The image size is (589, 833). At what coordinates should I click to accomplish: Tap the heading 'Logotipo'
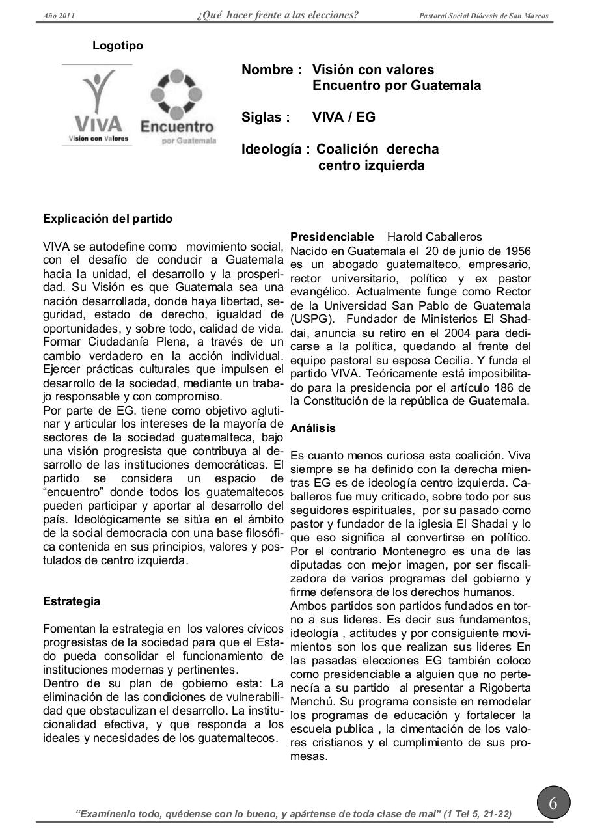click(x=118, y=46)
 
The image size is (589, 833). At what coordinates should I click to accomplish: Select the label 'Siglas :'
click(x=266, y=117)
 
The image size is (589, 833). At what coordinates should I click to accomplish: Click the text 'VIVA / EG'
click(x=344, y=117)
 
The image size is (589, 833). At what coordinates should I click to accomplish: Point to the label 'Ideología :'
click(x=276, y=149)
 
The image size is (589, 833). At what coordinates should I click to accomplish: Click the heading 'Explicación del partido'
click(x=107, y=219)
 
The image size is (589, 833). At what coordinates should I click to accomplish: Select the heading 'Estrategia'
click(x=72, y=601)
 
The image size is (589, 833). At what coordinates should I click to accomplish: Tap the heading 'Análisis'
click(x=313, y=428)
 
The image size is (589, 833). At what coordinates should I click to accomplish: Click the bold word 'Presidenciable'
click(x=332, y=237)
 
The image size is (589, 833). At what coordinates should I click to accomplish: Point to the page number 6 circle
click(x=553, y=803)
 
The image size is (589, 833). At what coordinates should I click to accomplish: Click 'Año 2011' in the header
click(x=59, y=16)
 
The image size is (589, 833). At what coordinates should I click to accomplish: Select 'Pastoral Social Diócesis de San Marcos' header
click(x=484, y=16)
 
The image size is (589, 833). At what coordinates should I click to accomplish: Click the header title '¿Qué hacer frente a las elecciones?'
click(x=277, y=15)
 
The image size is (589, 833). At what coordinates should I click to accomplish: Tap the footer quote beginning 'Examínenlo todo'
click(x=294, y=813)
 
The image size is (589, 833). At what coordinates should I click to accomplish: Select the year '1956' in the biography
click(x=517, y=251)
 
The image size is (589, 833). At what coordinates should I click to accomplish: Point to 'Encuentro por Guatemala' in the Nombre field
click(x=396, y=85)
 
